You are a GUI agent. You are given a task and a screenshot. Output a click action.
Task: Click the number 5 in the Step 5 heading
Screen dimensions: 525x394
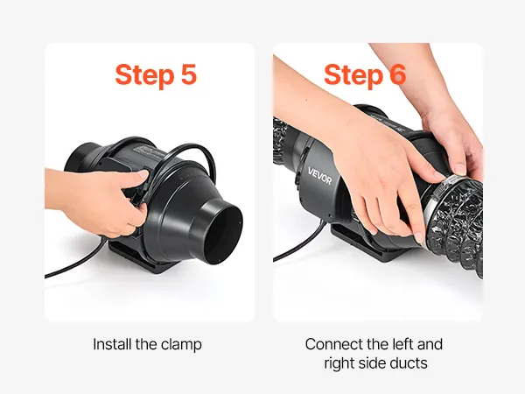click(x=188, y=74)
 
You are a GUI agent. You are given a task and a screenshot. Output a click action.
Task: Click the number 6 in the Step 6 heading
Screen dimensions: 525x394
click(x=397, y=74)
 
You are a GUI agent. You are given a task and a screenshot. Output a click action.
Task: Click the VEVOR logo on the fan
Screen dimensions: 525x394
click(x=319, y=176)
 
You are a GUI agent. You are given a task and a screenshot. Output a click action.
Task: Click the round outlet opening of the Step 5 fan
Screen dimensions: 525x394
click(x=223, y=235)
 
